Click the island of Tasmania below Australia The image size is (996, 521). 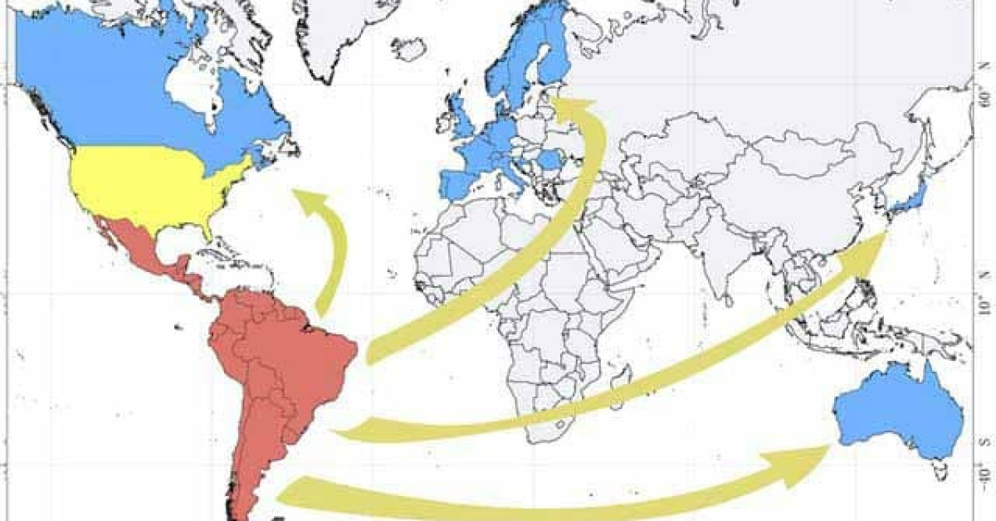940,473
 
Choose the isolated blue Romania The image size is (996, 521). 549,158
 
